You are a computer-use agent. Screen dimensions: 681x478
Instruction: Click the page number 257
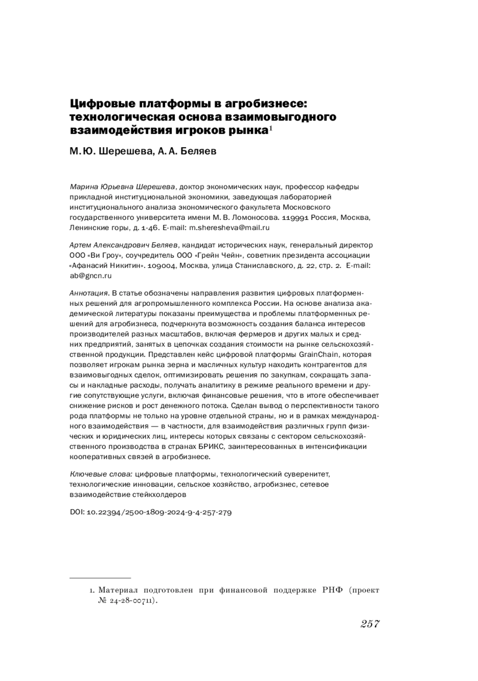point(370,624)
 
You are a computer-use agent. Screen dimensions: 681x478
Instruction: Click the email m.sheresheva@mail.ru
point(229,228)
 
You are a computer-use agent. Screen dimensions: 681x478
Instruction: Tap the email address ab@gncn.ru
point(90,276)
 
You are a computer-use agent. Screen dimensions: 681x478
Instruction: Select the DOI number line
point(151,512)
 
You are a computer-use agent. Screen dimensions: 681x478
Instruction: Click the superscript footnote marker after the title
point(270,128)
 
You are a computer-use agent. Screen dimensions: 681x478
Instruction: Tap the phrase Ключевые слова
point(101,474)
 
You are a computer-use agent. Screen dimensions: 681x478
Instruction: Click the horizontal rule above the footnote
point(100,577)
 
